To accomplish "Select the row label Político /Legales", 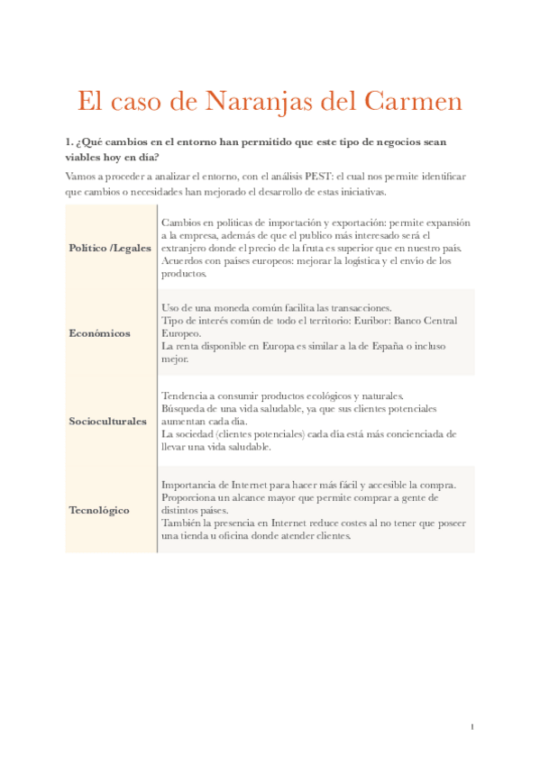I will [110, 248].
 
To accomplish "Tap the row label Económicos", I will [99, 333].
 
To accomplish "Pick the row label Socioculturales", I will [107, 422].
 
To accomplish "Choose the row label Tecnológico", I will [99, 510].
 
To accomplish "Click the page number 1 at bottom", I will [471, 727].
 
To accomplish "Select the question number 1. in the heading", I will [69, 142].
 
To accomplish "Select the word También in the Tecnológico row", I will [184, 523].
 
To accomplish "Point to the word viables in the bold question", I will [82, 157].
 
